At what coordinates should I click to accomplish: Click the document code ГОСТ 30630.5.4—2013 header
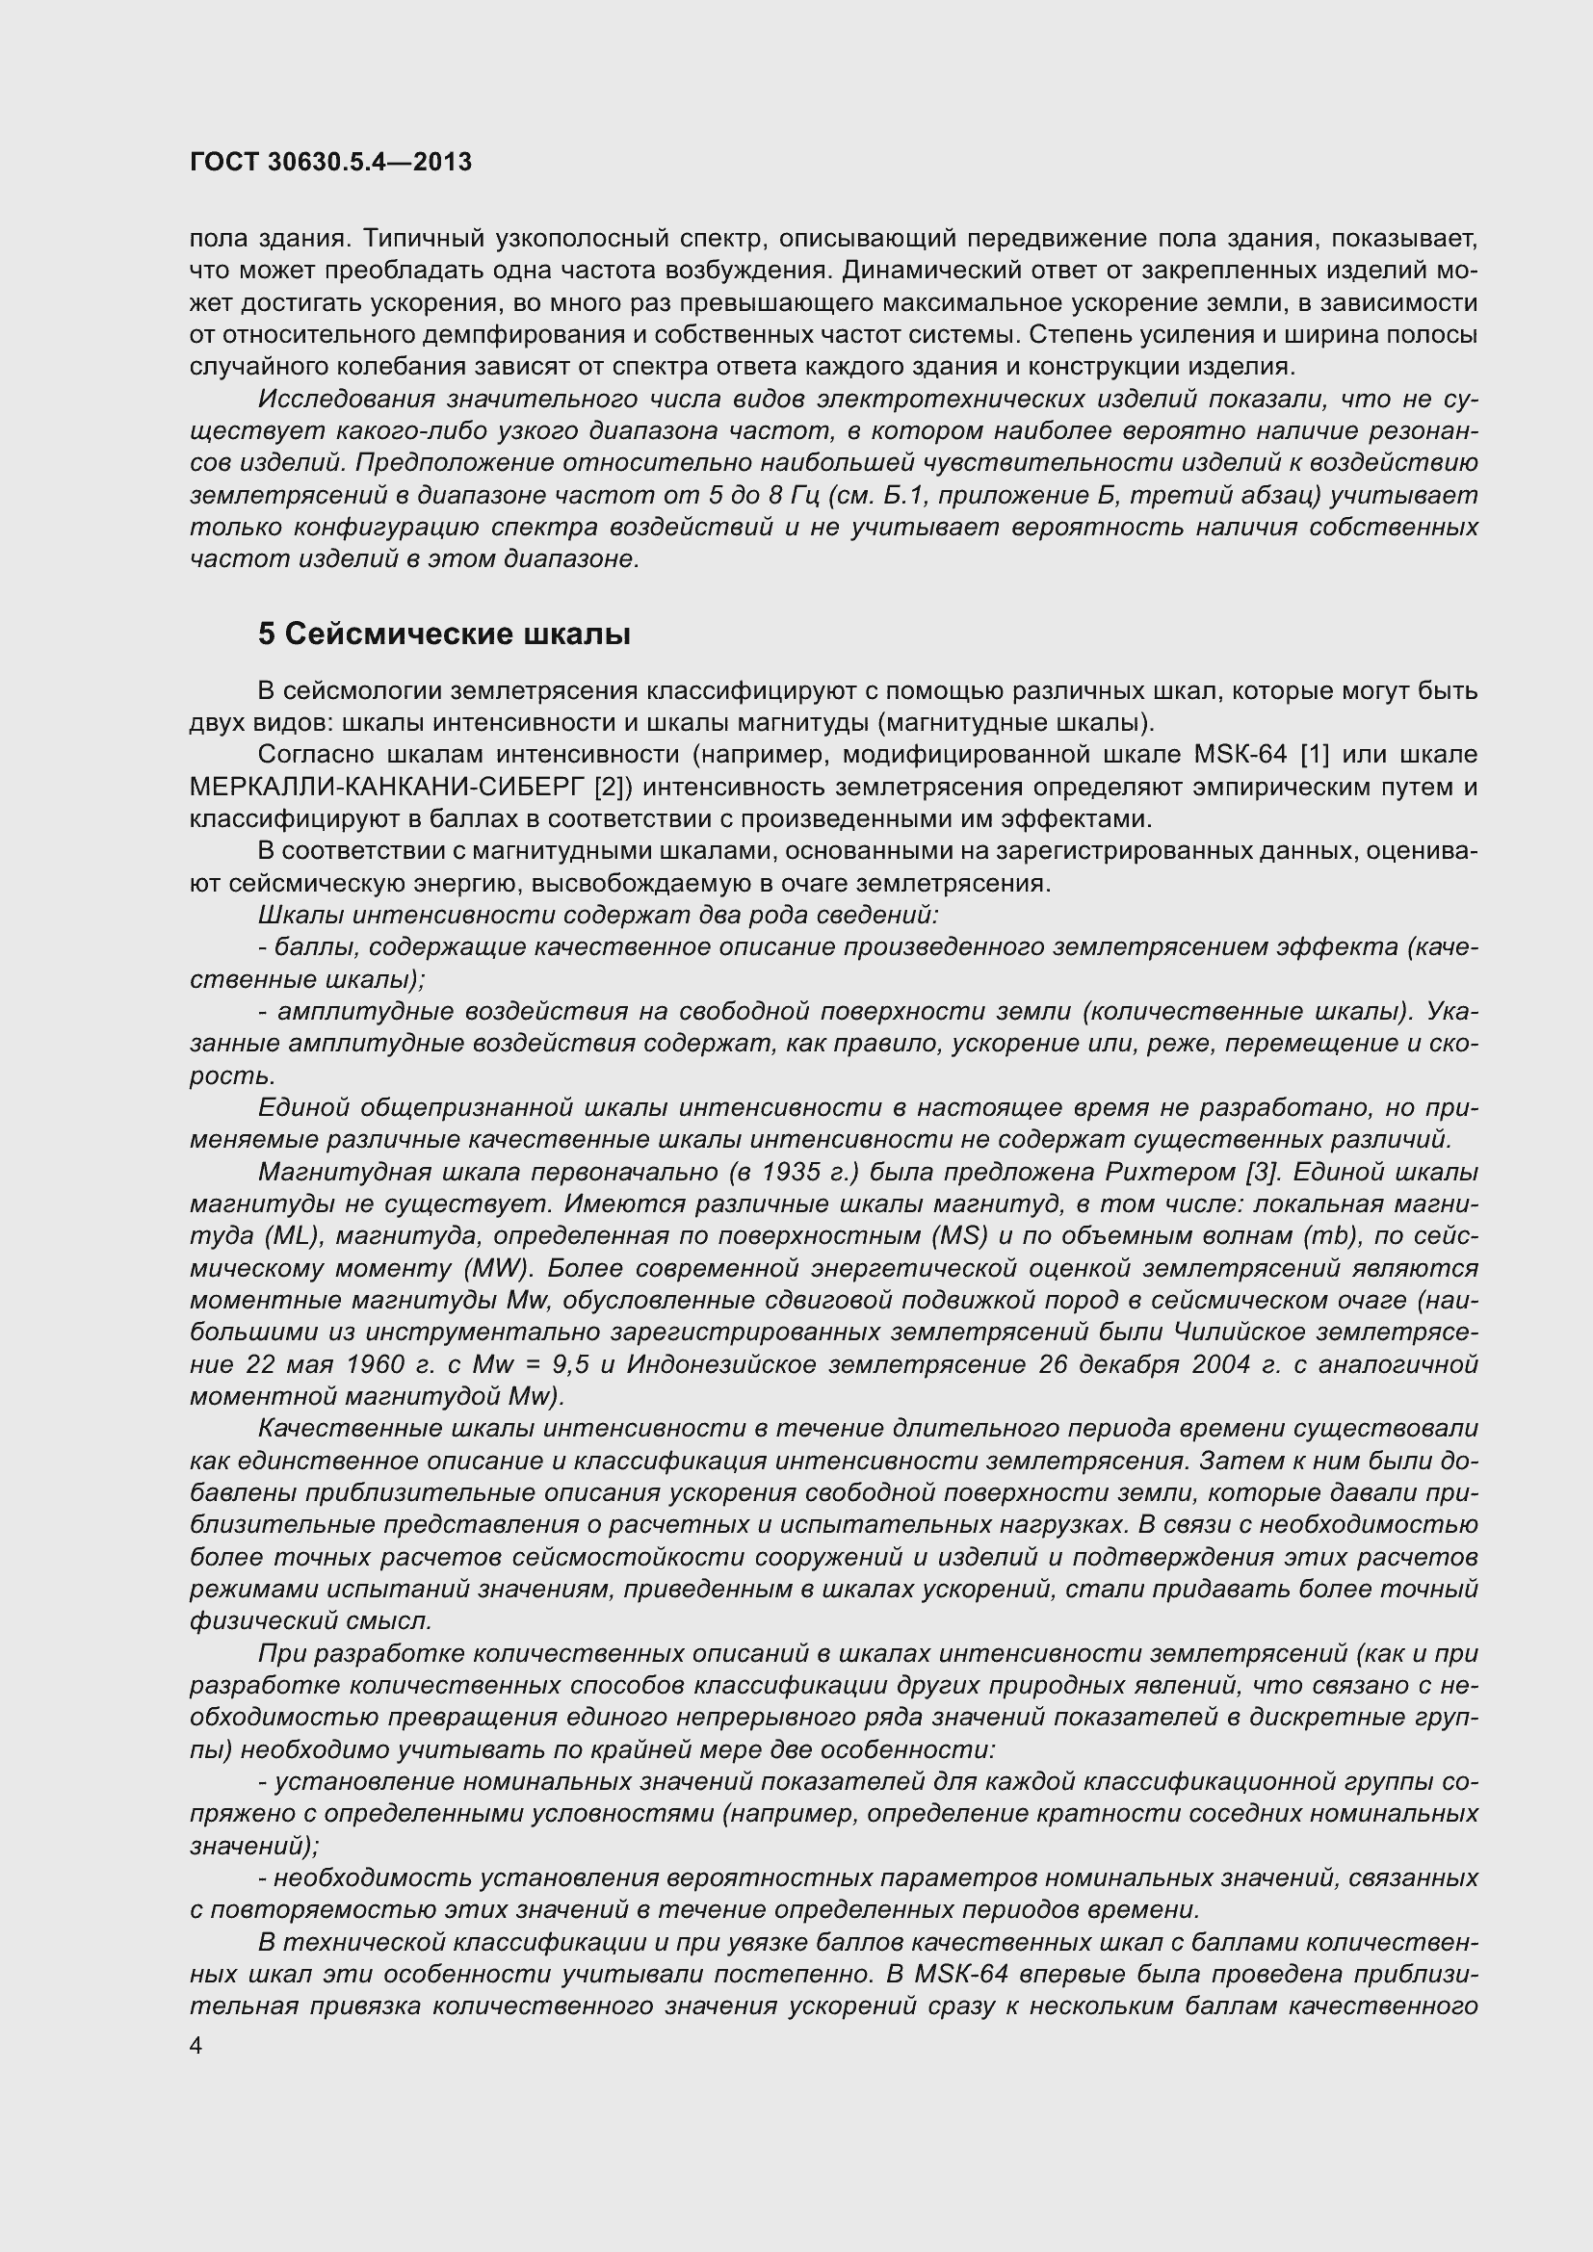[x=330, y=163]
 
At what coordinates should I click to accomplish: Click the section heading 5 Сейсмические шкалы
[x=443, y=634]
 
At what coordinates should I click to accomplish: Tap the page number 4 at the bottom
[x=196, y=2046]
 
